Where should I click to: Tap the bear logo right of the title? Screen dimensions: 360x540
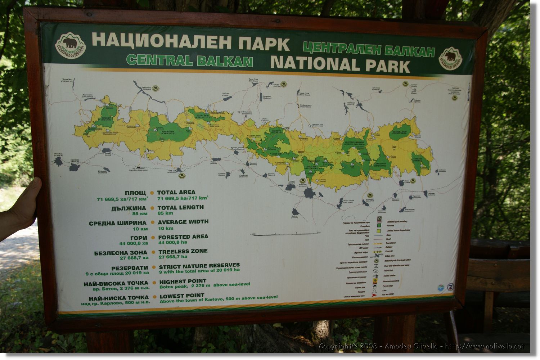[450, 58]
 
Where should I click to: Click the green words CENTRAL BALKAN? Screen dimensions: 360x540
[189, 60]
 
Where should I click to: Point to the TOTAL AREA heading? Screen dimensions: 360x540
[176, 192]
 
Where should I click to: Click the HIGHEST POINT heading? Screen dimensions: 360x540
[183, 281]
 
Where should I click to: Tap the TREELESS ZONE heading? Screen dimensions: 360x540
[183, 251]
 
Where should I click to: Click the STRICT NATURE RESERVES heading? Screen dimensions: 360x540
[199, 266]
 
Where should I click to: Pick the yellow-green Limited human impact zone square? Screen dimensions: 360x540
[379, 230]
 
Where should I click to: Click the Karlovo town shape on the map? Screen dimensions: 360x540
[309, 193]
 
